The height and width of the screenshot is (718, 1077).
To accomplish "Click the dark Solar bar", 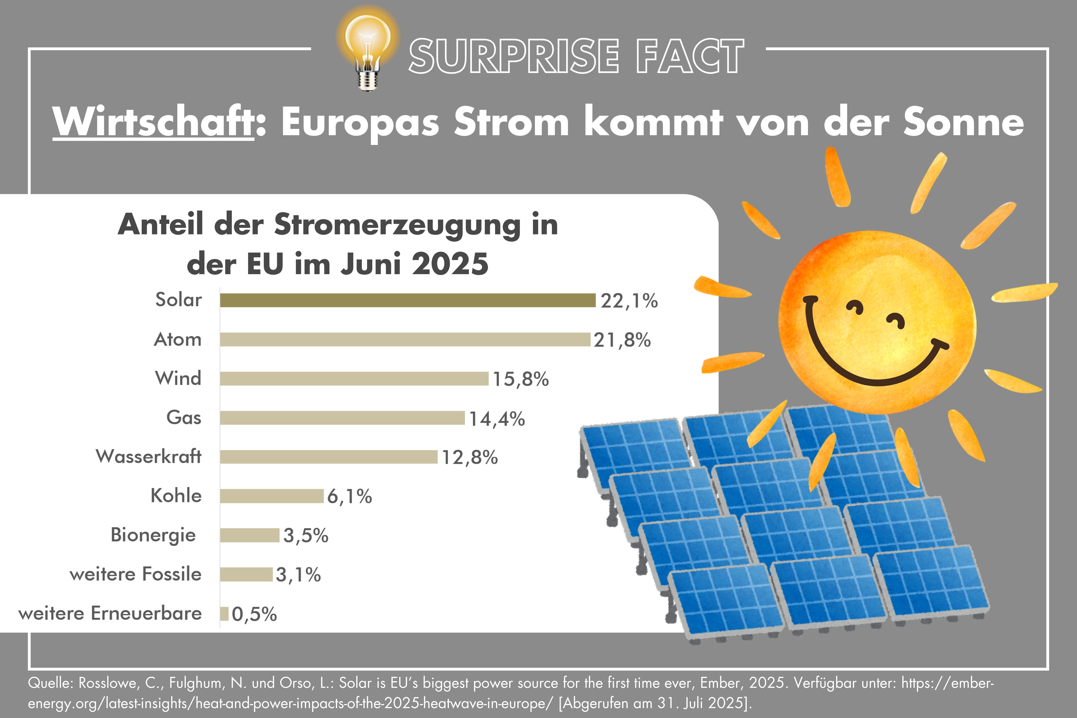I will coord(407,300).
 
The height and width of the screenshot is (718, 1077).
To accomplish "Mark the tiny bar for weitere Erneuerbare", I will coord(224,614).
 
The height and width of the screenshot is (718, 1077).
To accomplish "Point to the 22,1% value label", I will coord(629,301).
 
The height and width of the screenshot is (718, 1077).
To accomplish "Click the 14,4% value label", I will coord(497,419).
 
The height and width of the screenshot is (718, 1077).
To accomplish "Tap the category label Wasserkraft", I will coord(148,457).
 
